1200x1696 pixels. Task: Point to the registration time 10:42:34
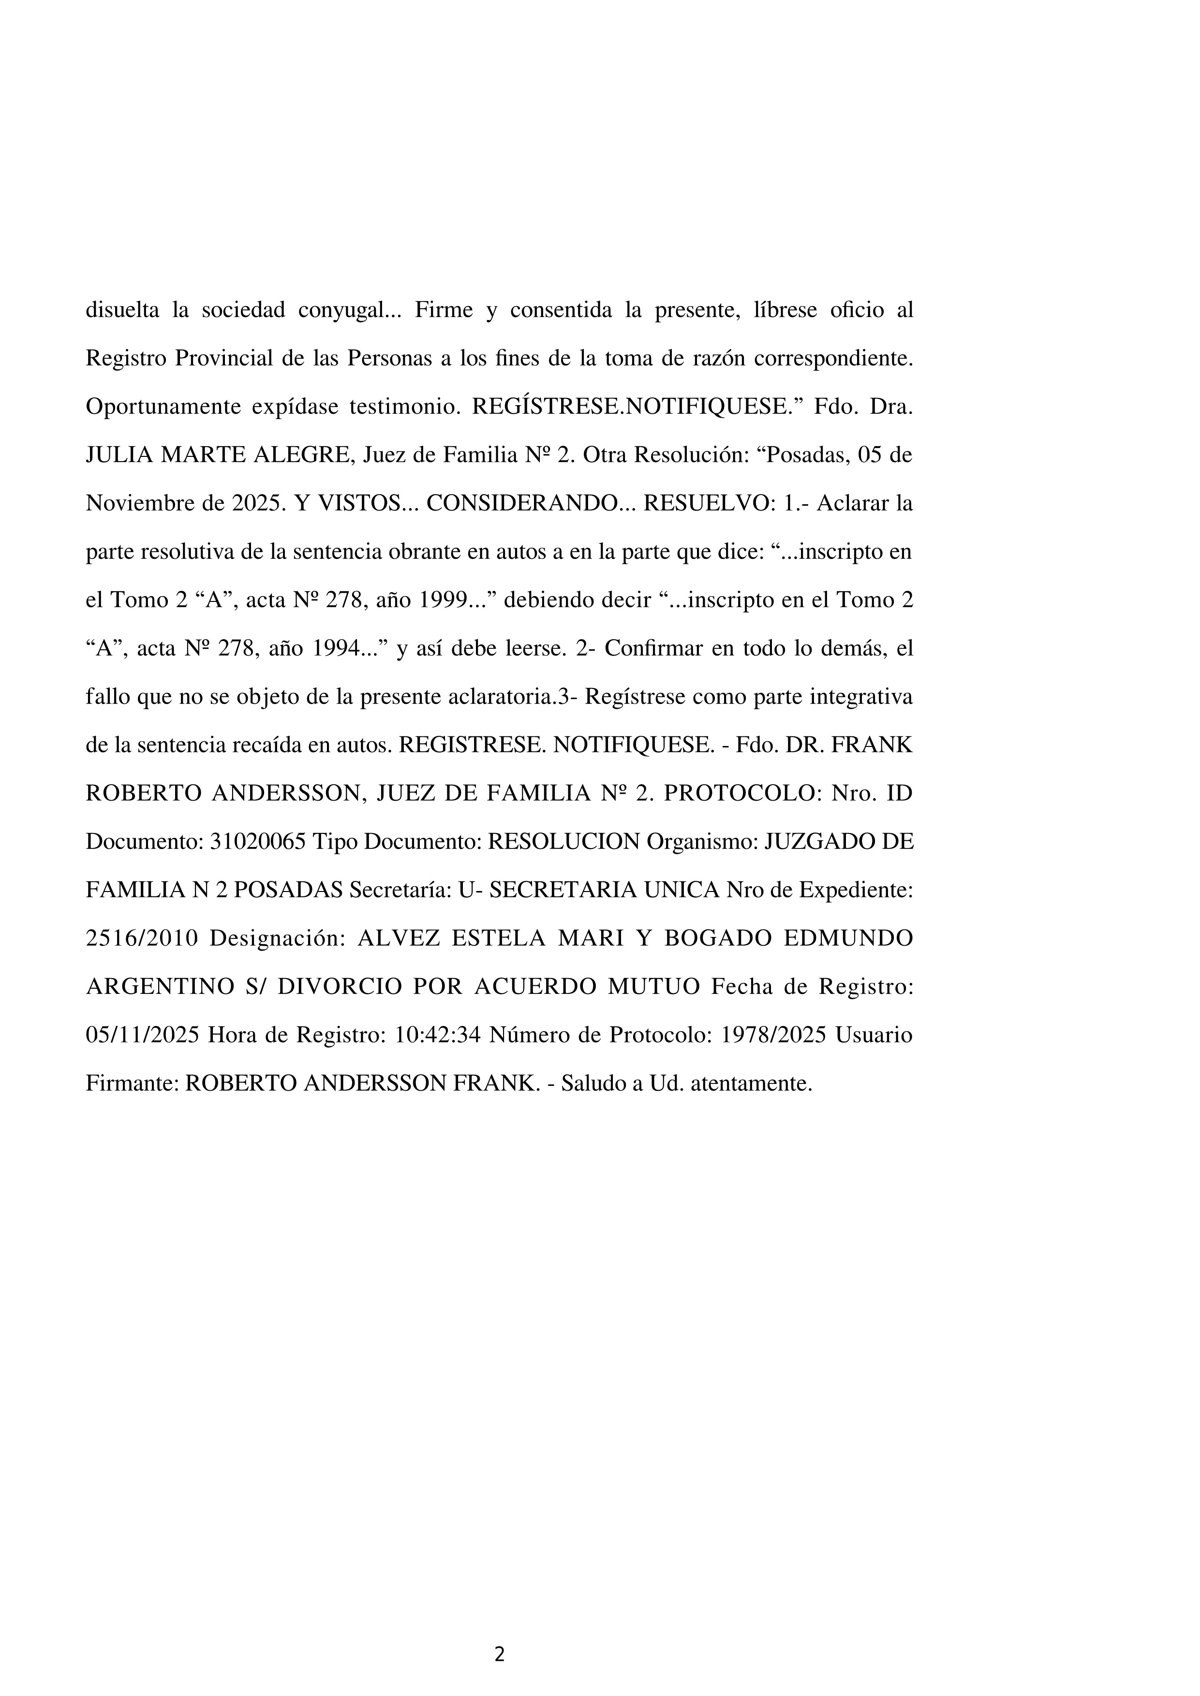point(438,1035)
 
